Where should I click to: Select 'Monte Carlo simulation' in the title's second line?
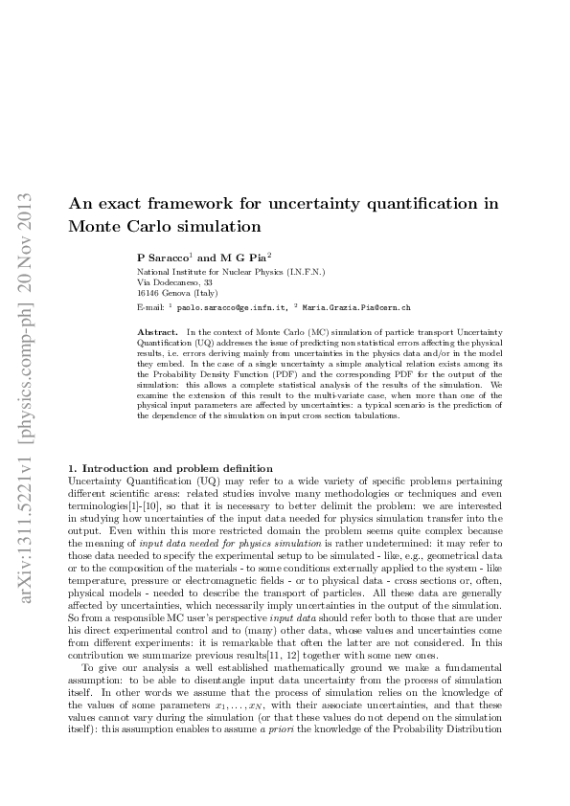tap(165, 227)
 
